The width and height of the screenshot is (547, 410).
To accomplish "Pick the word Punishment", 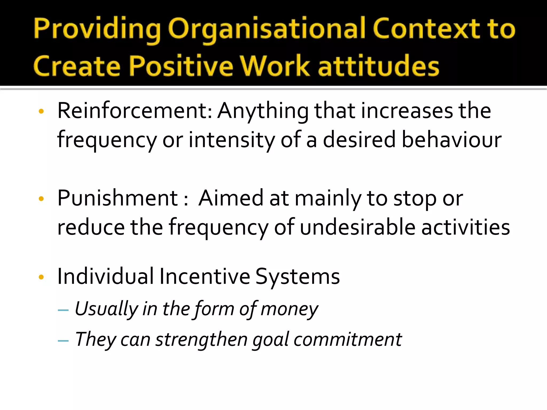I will click(x=118, y=198).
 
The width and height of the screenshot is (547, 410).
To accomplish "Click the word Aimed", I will click(x=231, y=198).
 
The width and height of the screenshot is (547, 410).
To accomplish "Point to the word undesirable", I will click(x=358, y=227).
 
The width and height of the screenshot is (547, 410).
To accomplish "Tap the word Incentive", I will click(x=205, y=277).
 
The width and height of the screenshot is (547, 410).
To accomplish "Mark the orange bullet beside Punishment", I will click(x=41, y=199).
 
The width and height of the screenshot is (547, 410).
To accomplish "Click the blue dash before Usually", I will click(x=63, y=310).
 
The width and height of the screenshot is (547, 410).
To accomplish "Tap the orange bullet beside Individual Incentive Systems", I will click(x=41, y=277).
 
